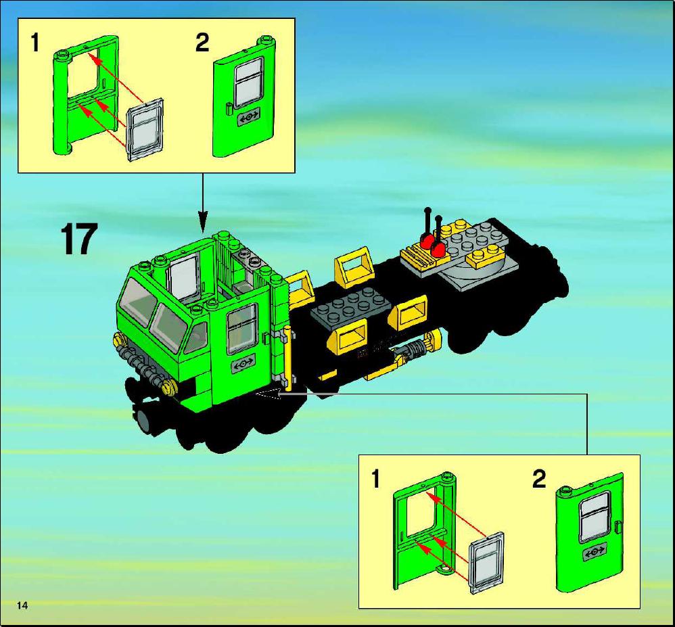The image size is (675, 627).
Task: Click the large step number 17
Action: pos(78,239)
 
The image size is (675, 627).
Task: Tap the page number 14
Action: pos(22,605)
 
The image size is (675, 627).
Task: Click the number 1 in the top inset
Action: pos(34,43)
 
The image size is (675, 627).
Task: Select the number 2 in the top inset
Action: pos(202,43)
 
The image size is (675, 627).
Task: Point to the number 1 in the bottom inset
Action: pos(375,479)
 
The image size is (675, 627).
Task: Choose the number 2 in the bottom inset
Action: pos(539,479)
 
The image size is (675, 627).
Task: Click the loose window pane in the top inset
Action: pos(145,129)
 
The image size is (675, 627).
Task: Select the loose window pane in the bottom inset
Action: pos(486,563)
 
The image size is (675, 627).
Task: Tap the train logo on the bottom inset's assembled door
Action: pos(595,552)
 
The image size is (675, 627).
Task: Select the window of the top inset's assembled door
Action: pos(248,83)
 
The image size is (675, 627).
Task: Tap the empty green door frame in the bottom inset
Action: pos(425,531)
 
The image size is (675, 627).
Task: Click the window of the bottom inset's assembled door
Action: pos(595,516)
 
